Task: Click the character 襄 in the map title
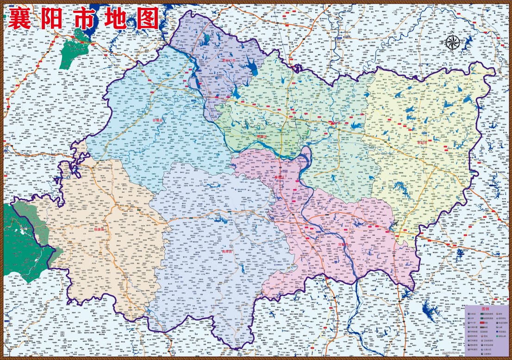click(23, 19)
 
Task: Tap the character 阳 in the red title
click(57, 19)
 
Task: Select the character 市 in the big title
click(90, 19)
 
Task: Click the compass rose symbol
click(453, 43)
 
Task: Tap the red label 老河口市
click(228, 61)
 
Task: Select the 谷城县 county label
click(159, 120)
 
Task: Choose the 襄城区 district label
click(281, 177)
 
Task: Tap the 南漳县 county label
click(227, 251)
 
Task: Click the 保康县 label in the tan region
click(100, 229)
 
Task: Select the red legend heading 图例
click(485, 309)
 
